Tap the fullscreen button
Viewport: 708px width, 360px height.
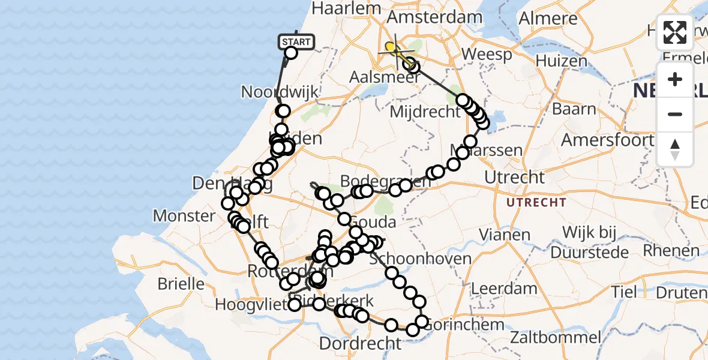click(675, 32)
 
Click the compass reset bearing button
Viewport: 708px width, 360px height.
click(675, 149)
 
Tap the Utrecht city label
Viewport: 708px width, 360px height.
click(514, 177)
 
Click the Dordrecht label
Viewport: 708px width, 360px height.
click(360, 344)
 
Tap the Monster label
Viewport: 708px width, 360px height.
click(184, 215)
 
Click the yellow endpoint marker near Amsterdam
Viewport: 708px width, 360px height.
click(391, 47)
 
